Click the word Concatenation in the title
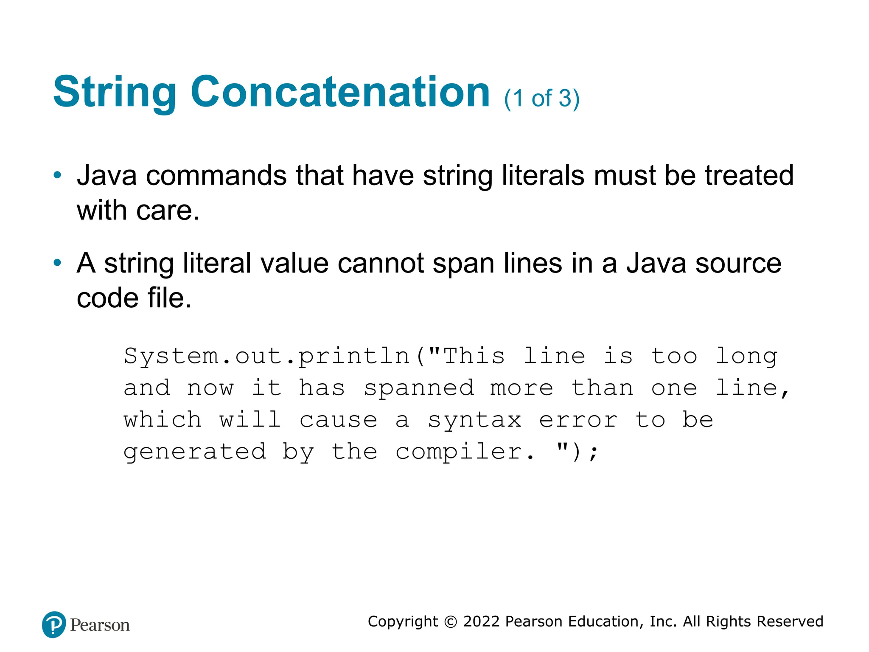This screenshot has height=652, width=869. point(340,92)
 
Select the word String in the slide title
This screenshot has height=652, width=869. point(115,93)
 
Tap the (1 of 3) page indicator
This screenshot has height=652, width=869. point(541,98)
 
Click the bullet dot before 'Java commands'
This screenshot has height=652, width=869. point(57,175)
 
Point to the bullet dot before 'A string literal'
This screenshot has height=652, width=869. point(57,263)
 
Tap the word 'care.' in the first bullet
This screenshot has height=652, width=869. point(168,211)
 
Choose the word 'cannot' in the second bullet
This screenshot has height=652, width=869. point(381,263)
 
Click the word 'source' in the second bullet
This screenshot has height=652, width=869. point(738,263)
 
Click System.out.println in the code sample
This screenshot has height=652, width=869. point(266,356)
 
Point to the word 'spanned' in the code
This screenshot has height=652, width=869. point(418,388)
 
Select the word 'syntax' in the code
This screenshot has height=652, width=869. point(474,420)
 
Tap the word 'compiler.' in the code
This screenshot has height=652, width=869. point(465,452)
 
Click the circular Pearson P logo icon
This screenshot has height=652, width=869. point(54,624)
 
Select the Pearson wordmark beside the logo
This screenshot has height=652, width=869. point(100,625)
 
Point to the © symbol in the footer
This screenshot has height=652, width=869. point(450,622)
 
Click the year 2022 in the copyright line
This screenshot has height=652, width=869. point(482,621)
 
